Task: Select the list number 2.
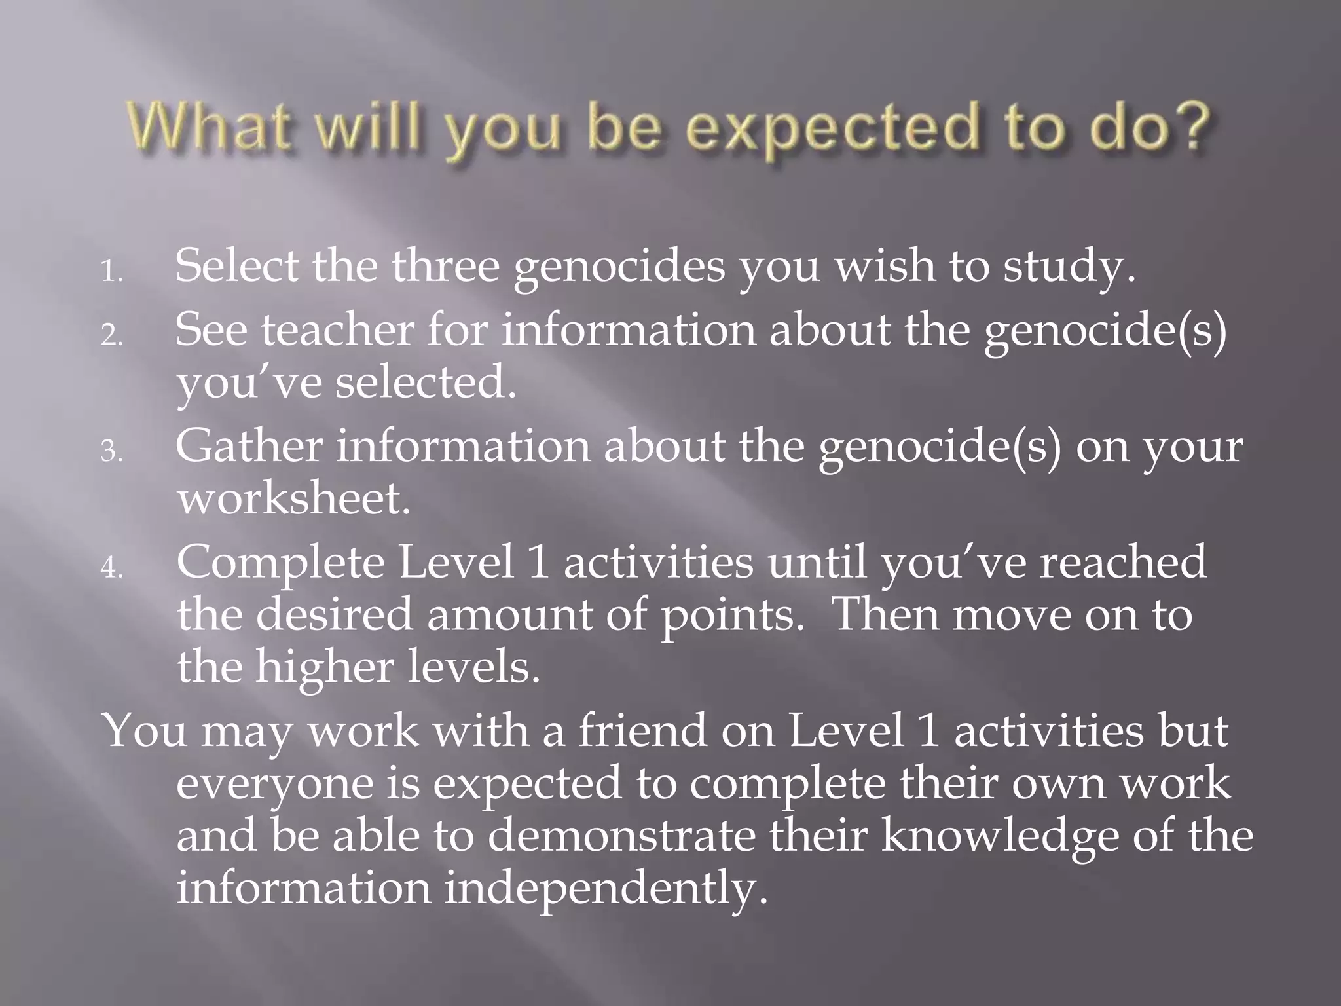coord(111,335)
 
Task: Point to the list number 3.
coord(111,451)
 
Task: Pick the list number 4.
coord(111,568)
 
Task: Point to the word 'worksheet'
coord(293,498)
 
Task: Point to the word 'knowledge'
coord(999,837)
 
